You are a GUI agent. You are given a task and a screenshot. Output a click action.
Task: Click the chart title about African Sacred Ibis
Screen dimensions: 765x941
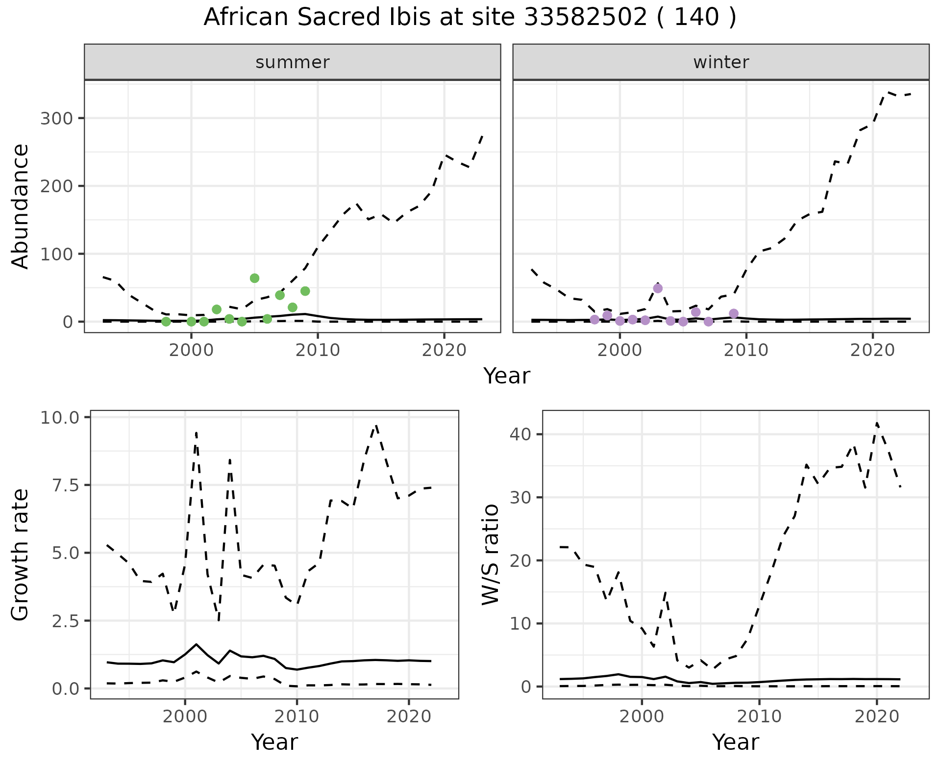point(470,18)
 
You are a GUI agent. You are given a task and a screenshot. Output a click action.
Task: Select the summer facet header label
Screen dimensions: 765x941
point(293,62)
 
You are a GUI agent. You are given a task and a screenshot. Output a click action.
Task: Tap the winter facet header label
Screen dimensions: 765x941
point(721,62)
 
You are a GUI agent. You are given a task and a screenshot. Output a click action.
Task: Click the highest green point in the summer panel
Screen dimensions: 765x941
point(254,279)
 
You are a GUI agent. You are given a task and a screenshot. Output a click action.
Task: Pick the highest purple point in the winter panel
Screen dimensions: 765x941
point(658,288)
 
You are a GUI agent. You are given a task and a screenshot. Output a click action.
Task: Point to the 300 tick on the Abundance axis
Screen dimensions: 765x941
point(56,119)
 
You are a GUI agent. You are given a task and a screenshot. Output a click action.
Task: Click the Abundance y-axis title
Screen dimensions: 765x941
point(21,206)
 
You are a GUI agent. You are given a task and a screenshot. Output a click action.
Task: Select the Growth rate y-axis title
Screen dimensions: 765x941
point(21,555)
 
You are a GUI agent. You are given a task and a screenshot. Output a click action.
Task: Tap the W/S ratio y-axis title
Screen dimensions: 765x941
point(491,555)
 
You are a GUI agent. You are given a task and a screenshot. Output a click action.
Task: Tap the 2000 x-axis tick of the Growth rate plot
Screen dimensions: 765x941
point(185,716)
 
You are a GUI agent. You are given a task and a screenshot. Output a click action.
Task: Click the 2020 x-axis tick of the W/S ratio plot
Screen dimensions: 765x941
point(877,716)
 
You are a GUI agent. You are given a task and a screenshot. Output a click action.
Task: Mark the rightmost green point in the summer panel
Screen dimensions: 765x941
point(305,291)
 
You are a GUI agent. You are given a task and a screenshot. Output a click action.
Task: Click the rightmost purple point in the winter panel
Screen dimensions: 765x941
point(734,314)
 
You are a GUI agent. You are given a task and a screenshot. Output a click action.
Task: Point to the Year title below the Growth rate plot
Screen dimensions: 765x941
point(274,742)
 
